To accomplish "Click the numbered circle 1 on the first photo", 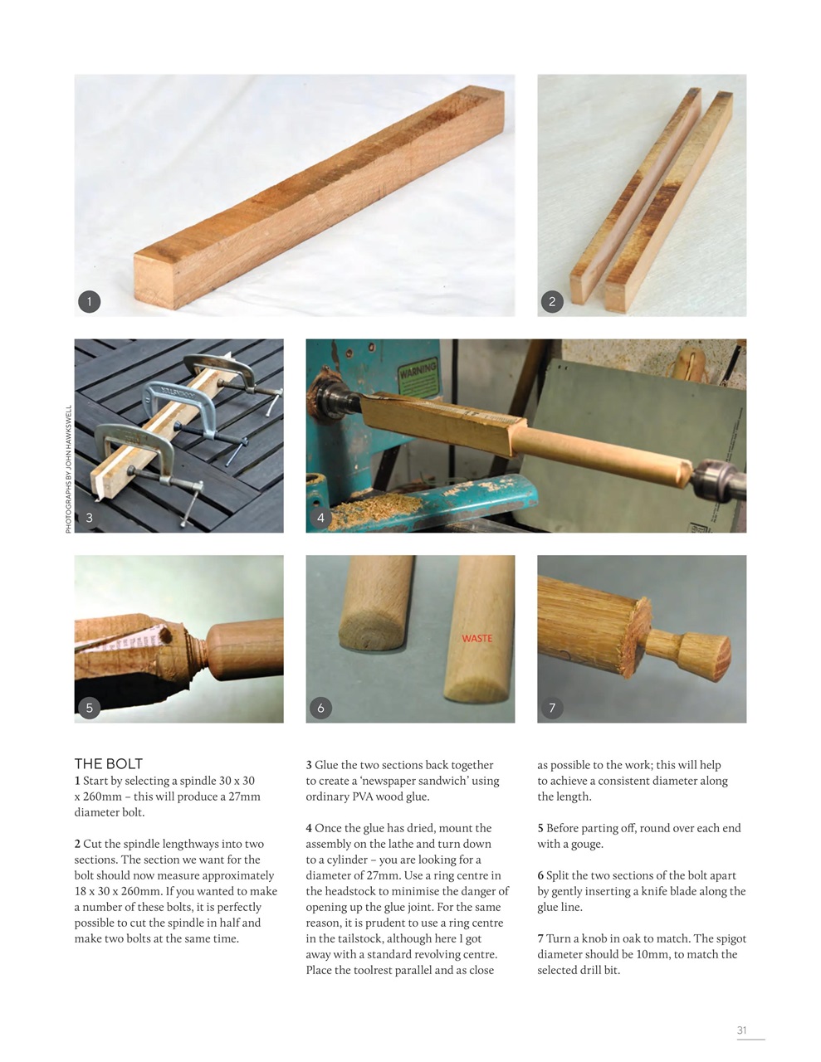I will click(89, 301).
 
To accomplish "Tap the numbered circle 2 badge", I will click(552, 301).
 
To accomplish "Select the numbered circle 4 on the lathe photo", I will click(320, 518).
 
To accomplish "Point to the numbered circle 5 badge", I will click(89, 708).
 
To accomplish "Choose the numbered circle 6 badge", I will click(320, 708).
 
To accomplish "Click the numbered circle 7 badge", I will click(552, 708).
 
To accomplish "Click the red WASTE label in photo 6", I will click(476, 638).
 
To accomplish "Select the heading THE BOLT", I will click(108, 763).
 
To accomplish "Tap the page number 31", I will click(742, 1030).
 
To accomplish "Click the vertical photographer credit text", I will click(68, 469).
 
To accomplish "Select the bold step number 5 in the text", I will click(540, 828).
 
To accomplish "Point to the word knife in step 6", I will click(662, 891).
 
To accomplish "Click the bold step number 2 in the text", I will click(77, 844).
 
